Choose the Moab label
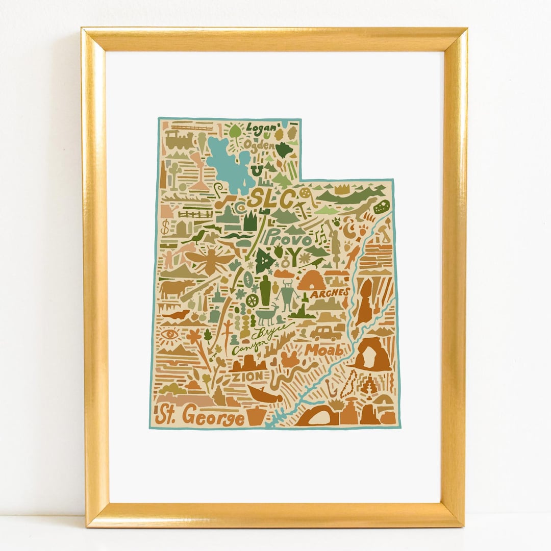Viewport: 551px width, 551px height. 323,350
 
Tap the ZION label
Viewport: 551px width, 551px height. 247,377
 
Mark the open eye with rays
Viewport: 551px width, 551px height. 169,334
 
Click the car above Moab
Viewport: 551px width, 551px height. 325,333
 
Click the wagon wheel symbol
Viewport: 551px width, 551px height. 252,300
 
